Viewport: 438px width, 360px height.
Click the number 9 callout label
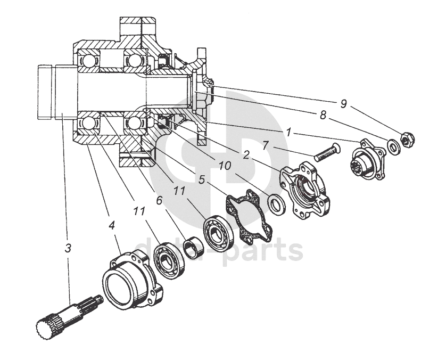click(344, 104)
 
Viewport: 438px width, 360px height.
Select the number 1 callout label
click(288, 132)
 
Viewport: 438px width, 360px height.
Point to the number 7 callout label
click(266, 145)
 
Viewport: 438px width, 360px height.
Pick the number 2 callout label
click(246, 156)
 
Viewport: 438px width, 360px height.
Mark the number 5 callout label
click(201, 179)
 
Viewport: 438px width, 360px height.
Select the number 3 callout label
click(68, 248)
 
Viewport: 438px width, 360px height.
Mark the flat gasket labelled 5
click(249, 217)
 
